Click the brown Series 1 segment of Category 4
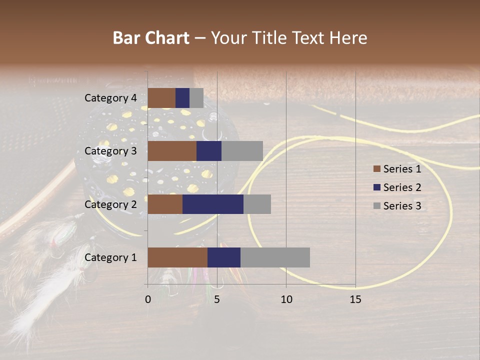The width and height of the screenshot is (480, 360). (x=161, y=98)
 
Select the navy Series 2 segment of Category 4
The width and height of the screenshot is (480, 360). (x=182, y=98)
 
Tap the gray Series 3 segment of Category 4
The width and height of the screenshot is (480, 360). (x=196, y=98)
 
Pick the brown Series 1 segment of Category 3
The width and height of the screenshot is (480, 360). (x=172, y=151)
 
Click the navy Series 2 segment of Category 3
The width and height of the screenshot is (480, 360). (x=209, y=151)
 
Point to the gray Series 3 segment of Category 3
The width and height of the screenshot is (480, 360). (x=242, y=151)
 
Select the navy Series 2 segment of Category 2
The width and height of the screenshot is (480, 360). (x=213, y=204)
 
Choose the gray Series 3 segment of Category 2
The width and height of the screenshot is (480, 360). (x=257, y=204)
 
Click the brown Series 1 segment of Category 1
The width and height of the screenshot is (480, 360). (x=177, y=257)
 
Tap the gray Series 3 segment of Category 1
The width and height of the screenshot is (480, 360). (x=275, y=257)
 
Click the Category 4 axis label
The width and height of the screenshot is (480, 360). (x=110, y=98)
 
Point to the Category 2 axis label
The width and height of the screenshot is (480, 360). (x=110, y=204)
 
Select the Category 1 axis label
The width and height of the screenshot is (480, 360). (x=110, y=257)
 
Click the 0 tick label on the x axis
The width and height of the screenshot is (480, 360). (x=148, y=299)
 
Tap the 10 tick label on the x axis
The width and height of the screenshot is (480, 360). (x=286, y=299)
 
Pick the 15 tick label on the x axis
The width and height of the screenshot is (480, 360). (x=355, y=299)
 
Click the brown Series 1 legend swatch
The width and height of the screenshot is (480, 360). (x=377, y=169)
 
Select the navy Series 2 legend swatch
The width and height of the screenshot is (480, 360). (x=377, y=187)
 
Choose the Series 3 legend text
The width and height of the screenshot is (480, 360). (x=402, y=205)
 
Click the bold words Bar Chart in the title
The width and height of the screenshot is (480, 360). (x=151, y=38)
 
